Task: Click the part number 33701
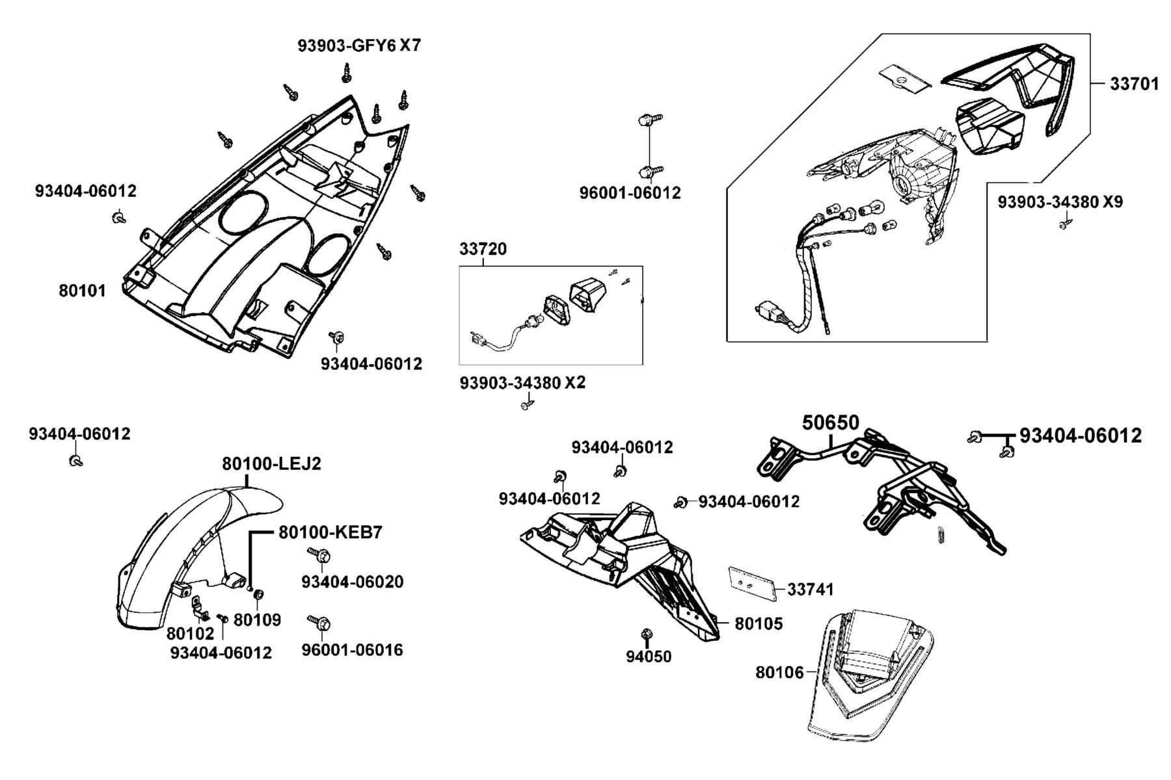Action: click(x=1134, y=84)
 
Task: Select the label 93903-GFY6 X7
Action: click(x=360, y=45)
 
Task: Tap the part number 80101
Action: click(x=82, y=291)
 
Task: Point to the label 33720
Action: click(x=483, y=249)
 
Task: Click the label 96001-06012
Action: click(x=630, y=193)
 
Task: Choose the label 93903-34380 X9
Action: click(x=1060, y=202)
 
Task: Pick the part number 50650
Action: click(x=831, y=422)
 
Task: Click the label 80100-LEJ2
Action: click(x=271, y=464)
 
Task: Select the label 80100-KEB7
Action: click(x=330, y=532)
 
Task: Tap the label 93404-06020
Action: click(x=353, y=582)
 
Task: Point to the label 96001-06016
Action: click(x=353, y=650)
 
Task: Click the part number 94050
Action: click(x=649, y=656)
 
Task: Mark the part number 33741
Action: click(x=811, y=590)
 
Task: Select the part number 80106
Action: click(x=779, y=672)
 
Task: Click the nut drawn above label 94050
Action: click(x=647, y=634)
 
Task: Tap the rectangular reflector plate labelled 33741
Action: click(x=751, y=583)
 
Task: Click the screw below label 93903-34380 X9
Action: click(x=1064, y=224)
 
